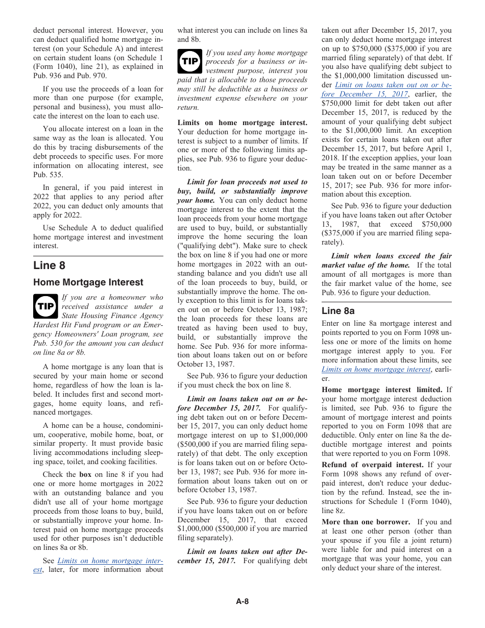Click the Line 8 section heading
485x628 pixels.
[x=50, y=265]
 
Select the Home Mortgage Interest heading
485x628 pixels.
[x=88, y=282]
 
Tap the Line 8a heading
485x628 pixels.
[x=338, y=311]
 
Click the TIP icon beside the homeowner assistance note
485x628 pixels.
[x=45, y=306]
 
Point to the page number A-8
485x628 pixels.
[x=242, y=601]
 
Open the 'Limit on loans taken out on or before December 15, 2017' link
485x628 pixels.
[x=386, y=90]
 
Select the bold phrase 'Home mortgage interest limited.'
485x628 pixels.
[x=382, y=390]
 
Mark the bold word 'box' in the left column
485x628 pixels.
[x=85, y=475]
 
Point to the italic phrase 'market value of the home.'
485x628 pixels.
[x=366, y=265]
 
